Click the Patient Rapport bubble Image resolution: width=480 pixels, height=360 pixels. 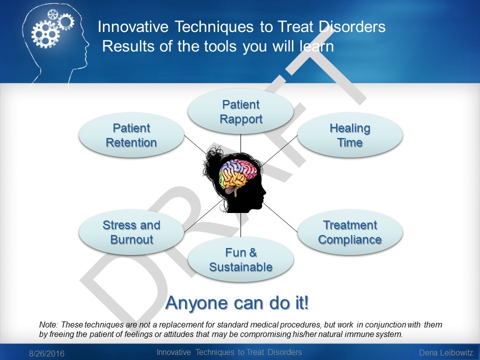pos(240,111)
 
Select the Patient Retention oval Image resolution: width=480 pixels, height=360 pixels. pos(131,135)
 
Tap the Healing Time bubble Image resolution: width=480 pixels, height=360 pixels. pos(350,135)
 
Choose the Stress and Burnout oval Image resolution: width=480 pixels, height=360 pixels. pos(131,232)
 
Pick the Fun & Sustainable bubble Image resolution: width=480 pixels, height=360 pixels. pos(240,259)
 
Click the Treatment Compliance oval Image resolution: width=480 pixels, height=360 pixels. pos(350,232)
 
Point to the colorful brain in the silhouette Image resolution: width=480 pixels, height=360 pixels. pos(237,176)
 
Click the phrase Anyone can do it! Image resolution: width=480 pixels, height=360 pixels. pos(237,303)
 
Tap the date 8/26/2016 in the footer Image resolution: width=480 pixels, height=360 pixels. pos(46,353)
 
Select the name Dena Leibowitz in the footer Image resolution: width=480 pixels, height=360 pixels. pos(446,352)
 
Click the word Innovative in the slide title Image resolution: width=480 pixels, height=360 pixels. pos(133,26)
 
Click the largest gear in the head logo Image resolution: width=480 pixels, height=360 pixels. pos(45,33)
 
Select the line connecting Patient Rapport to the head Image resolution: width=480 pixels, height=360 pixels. pos(240,143)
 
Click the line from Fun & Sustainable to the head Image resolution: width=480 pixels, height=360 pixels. pos(240,225)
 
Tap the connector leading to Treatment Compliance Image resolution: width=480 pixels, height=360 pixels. pos(280,216)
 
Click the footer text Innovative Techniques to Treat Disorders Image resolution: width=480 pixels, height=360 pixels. pos(229,352)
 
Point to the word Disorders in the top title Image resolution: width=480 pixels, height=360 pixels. pos(352,26)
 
